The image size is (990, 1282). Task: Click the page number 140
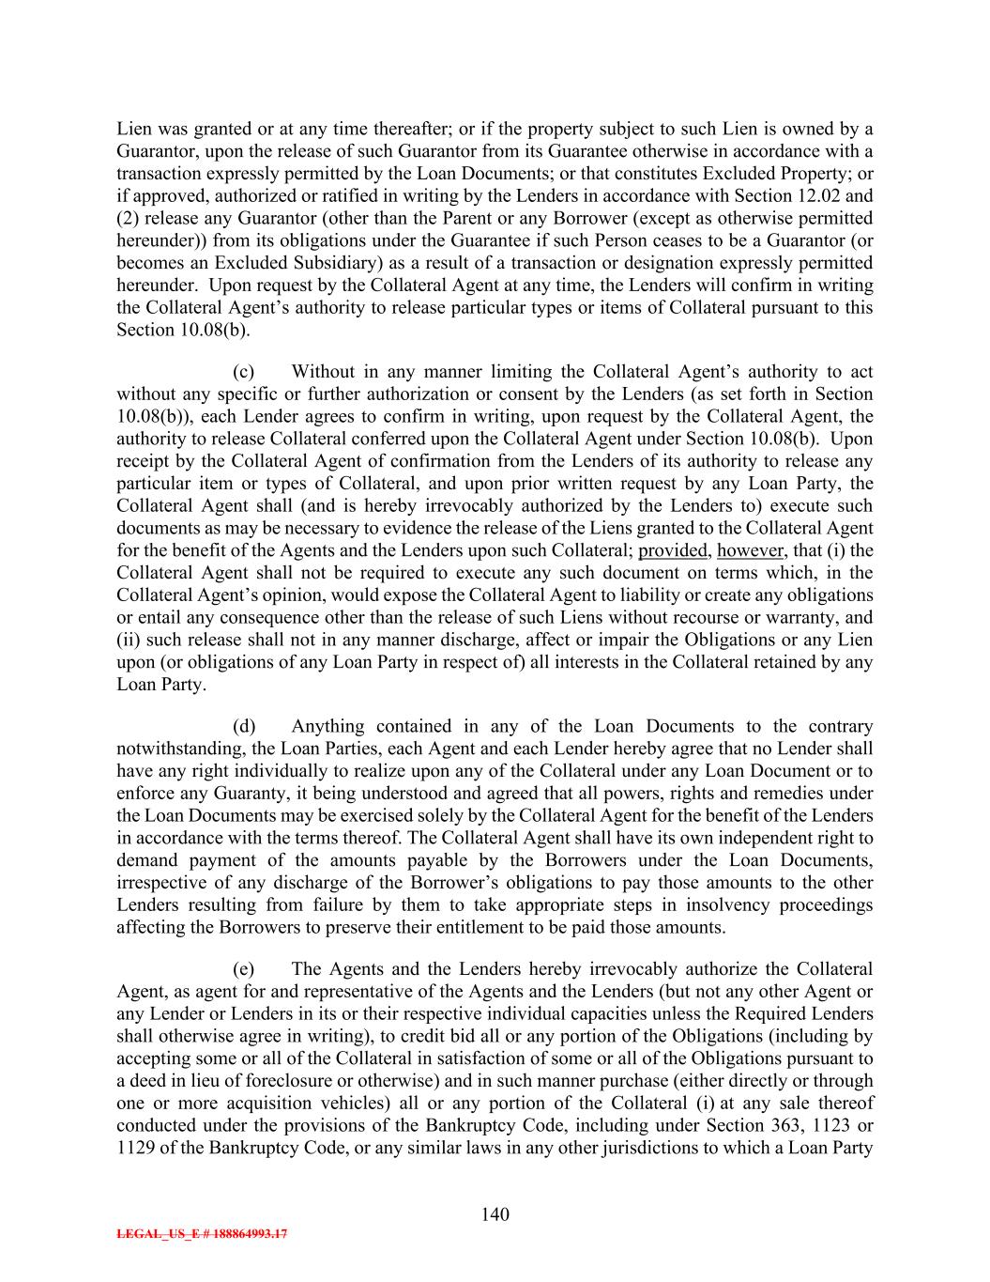[495, 1214]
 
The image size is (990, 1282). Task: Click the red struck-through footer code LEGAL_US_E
[202, 1235]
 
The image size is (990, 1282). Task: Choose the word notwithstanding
[177, 749]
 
